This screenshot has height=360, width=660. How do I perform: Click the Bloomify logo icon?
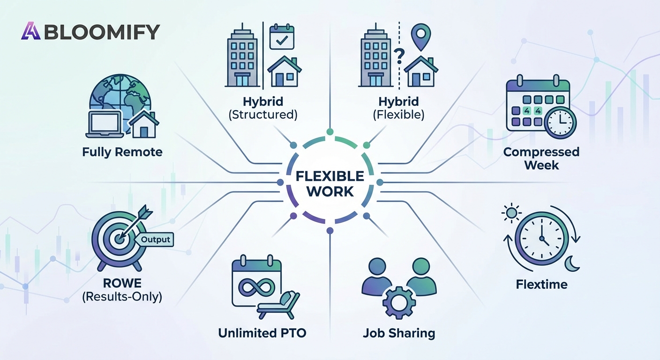coord(30,31)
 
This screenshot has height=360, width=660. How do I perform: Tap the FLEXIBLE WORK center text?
coord(330,184)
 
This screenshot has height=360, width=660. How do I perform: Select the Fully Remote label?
coord(122,152)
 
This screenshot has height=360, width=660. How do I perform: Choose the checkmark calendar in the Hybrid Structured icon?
coord(282,39)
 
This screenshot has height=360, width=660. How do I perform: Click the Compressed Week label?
coord(541,158)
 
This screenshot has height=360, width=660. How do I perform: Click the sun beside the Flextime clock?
coord(511,214)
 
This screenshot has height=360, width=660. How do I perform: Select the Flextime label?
coord(541,284)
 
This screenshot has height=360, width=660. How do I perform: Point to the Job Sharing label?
coord(399,333)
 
